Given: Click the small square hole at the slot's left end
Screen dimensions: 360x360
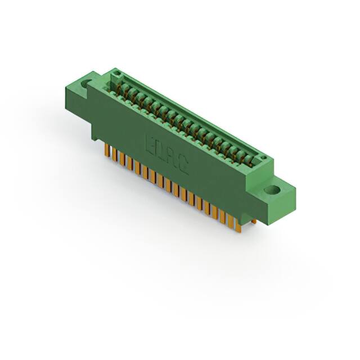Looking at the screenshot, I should point(117,74).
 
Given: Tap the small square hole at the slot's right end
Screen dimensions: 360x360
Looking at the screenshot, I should point(261,157).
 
